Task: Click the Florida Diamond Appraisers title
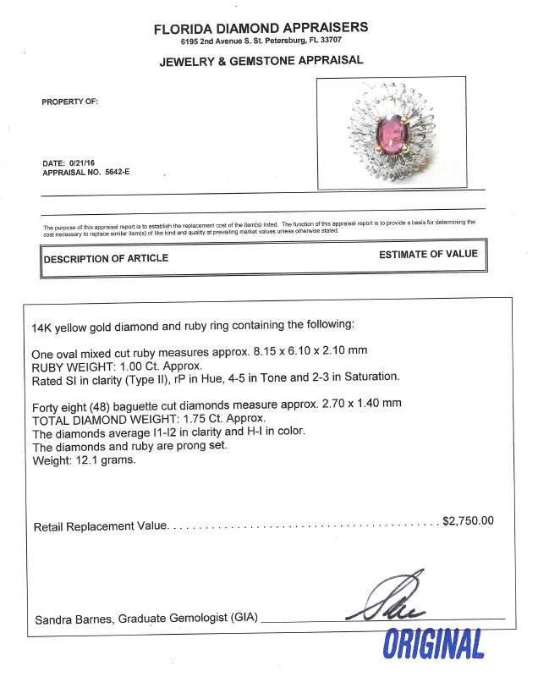(x=261, y=28)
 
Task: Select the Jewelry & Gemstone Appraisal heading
(x=261, y=60)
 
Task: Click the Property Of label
(x=70, y=101)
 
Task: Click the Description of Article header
(x=106, y=258)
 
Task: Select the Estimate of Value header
(x=428, y=254)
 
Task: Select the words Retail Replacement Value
(x=100, y=527)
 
